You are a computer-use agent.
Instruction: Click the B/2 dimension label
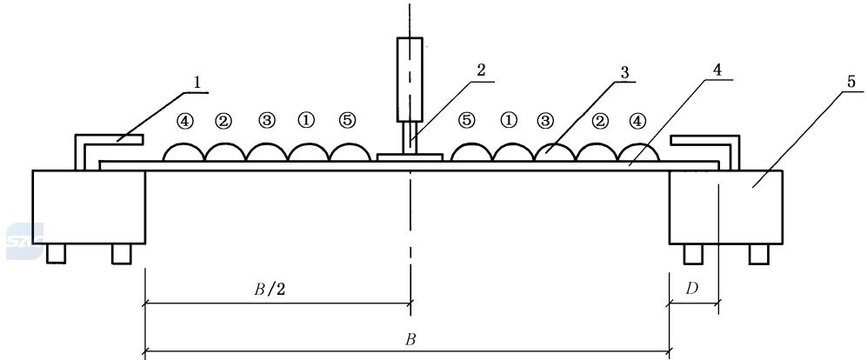click(x=270, y=290)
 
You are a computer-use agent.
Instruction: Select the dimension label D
click(x=691, y=290)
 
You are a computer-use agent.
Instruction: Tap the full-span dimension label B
click(x=410, y=339)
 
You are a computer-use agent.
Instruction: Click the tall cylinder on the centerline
click(x=410, y=80)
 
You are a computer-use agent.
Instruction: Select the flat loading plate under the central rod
click(x=410, y=157)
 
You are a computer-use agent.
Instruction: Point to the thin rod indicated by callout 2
click(x=410, y=137)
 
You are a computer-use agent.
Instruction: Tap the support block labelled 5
click(x=725, y=207)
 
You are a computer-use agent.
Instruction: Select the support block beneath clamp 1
click(x=89, y=207)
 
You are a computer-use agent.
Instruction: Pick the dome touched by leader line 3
click(x=555, y=152)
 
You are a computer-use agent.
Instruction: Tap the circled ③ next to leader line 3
click(x=546, y=121)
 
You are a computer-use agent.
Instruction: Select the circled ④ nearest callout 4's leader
click(x=637, y=121)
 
